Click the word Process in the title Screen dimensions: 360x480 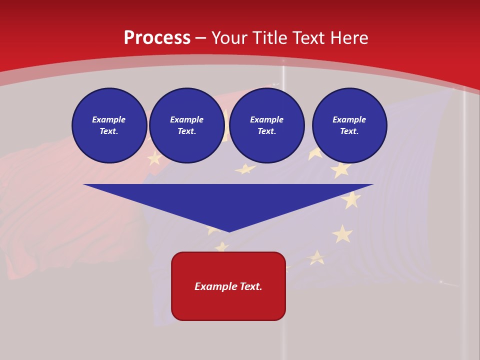click(157, 38)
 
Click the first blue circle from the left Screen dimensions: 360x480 click(109, 125)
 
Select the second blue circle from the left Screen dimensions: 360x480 click(187, 125)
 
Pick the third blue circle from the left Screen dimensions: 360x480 click(267, 125)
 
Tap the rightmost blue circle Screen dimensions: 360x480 click(349, 125)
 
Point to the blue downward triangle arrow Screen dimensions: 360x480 click(228, 200)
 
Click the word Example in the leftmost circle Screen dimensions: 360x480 click(109, 119)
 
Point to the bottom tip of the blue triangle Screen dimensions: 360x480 click(229, 231)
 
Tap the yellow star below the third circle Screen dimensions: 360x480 click(245, 169)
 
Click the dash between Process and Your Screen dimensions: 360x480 click(201, 38)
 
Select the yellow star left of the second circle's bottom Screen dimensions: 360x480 click(154, 158)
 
